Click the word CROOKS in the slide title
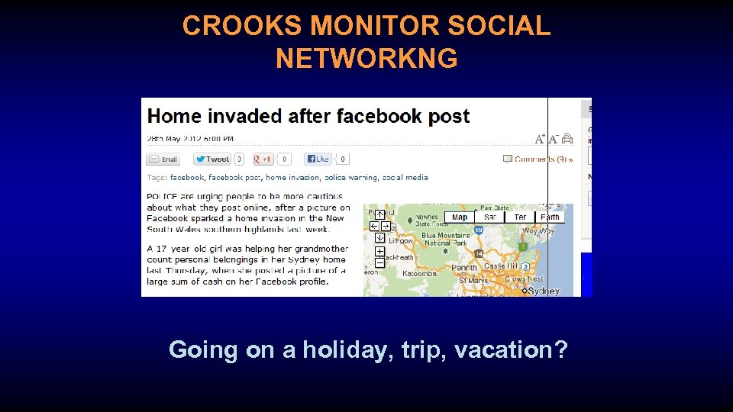click(x=242, y=26)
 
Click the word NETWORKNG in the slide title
click(x=366, y=58)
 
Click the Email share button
click(x=163, y=159)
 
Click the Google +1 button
click(x=263, y=159)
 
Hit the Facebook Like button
click(x=318, y=159)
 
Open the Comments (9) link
click(x=543, y=159)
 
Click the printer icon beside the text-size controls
click(x=567, y=139)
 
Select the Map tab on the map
click(x=460, y=217)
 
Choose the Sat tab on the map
click(x=490, y=217)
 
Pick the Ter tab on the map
click(x=520, y=217)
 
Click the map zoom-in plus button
click(x=379, y=251)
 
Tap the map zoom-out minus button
click(x=379, y=262)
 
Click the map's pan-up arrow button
click(x=379, y=214)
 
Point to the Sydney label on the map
click(x=544, y=291)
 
